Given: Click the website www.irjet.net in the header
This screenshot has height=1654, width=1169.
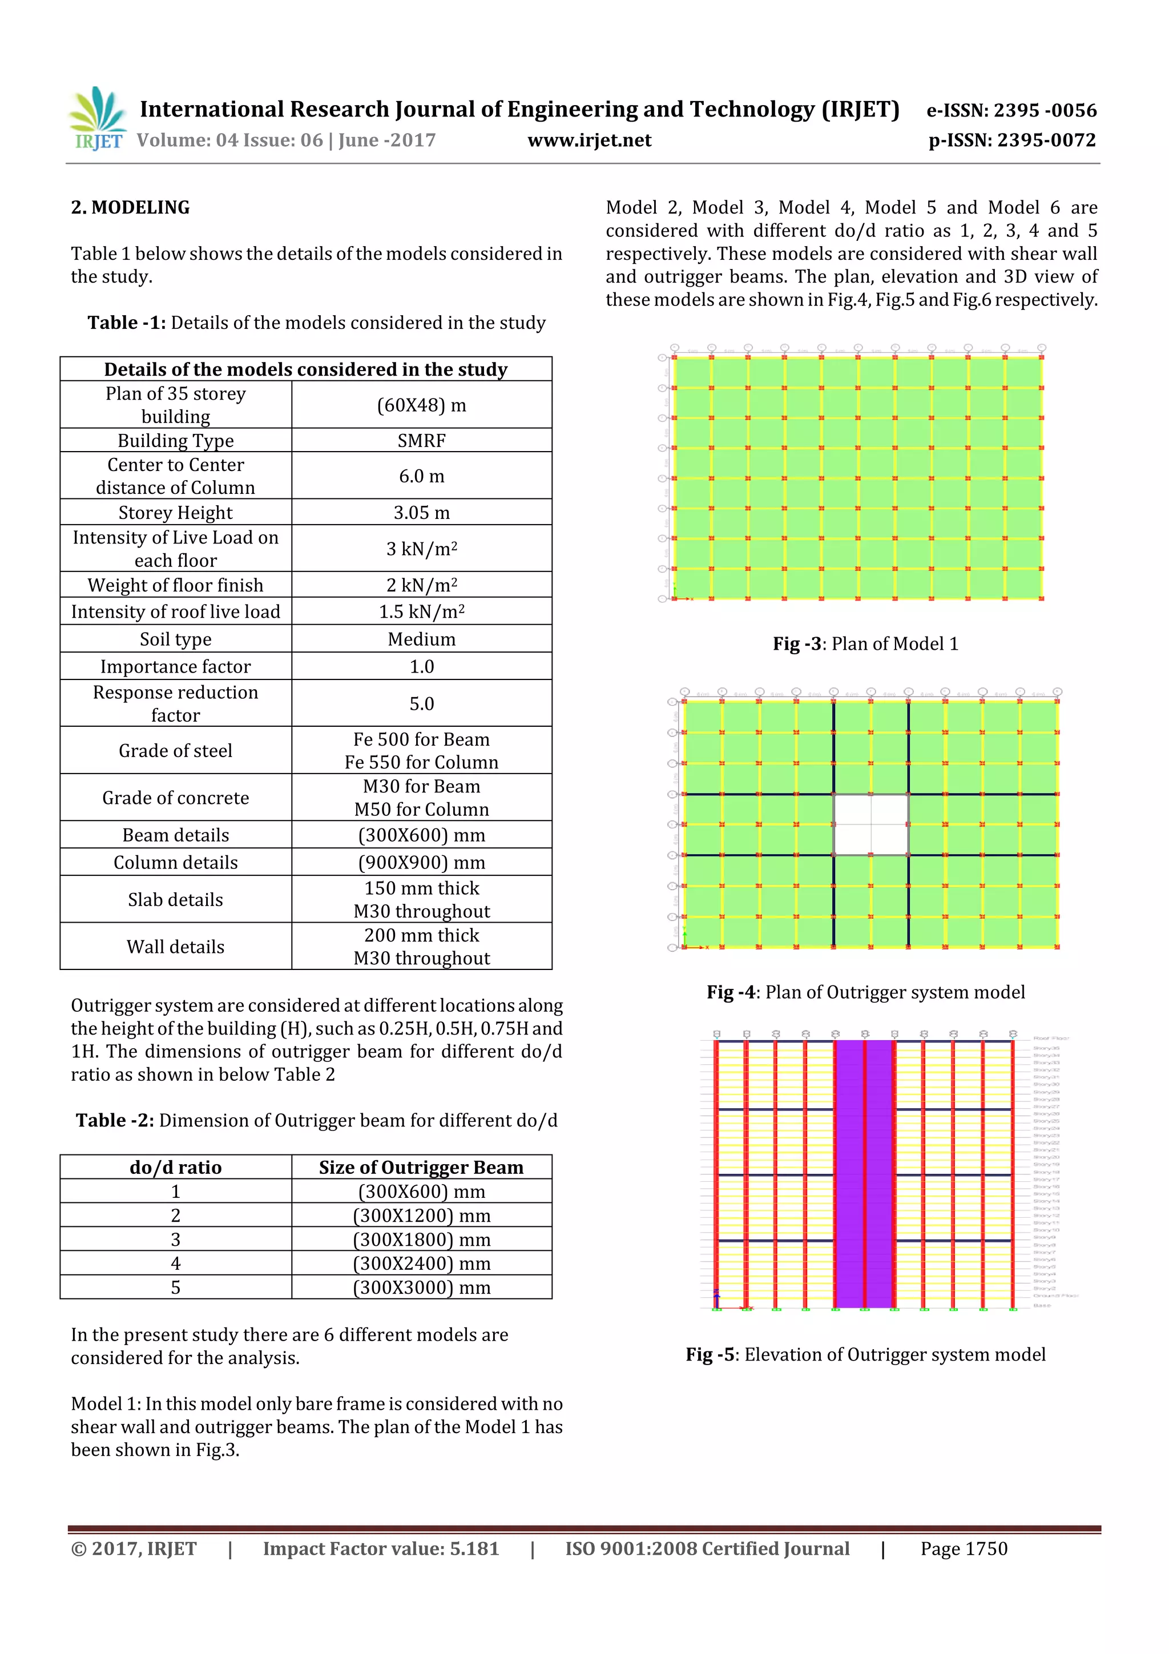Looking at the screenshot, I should click(x=588, y=140).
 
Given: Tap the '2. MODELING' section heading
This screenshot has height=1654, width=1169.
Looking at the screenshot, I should click(x=130, y=207).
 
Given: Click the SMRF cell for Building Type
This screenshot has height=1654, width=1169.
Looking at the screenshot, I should click(x=421, y=440).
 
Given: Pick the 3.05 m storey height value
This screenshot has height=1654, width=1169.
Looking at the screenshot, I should click(x=421, y=512).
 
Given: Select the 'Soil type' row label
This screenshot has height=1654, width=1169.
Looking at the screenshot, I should click(x=175, y=639).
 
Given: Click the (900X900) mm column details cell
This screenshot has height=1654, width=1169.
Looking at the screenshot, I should click(x=421, y=862).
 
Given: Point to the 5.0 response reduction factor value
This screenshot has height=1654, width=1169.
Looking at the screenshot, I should click(x=421, y=704).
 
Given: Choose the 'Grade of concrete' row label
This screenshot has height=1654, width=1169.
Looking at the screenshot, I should click(x=175, y=798).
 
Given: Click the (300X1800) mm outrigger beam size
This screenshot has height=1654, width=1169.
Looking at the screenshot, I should click(x=421, y=1239).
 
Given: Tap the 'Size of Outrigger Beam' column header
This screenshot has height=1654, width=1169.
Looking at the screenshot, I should click(x=421, y=1167).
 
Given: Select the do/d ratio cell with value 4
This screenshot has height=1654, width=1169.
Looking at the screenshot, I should click(x=175, y=1263).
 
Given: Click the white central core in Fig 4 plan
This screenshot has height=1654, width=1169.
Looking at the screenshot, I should click(x=871, y=825).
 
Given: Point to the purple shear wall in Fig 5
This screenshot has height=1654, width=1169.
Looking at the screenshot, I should click(x=864, y=1174).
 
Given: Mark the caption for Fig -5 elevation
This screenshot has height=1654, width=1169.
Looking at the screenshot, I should click(x=865, y=1354).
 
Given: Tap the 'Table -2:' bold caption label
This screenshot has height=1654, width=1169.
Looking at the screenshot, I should click(x=115, y=1120).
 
